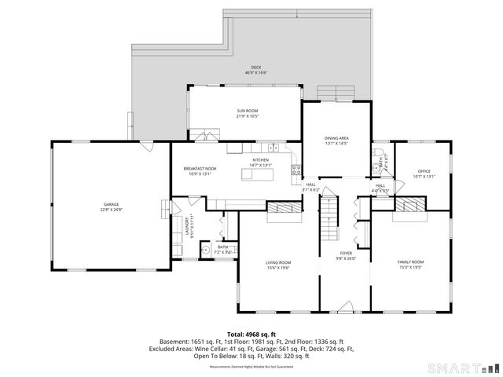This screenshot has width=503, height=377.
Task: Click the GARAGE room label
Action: [111, 208]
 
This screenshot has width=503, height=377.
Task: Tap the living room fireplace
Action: [284, 207]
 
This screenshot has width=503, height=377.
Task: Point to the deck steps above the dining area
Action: [336, 92]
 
